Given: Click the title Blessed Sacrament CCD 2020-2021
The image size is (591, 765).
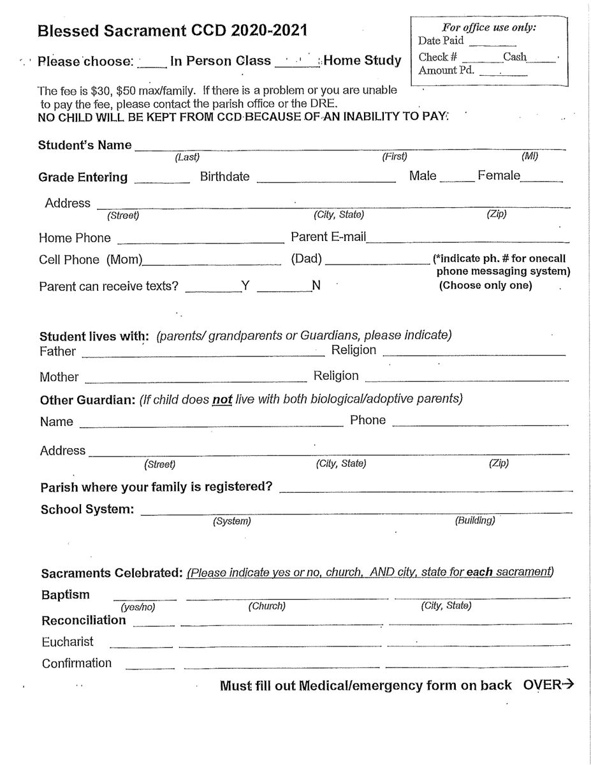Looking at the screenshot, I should click(171, 30).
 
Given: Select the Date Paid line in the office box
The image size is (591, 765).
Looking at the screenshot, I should click(489, 43).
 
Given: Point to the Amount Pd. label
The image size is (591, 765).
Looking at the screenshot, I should click(446, 70).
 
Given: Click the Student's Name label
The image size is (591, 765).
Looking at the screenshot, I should click(85, 145).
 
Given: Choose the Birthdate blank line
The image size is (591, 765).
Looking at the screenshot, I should click(326, 180).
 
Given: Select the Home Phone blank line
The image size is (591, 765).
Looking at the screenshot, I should click(201, 241).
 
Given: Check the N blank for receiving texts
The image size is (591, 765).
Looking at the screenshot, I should click(284, 289).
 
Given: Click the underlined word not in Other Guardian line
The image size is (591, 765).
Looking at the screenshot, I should click(221, 400).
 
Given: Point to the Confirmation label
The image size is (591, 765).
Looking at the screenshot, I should click(77, 664).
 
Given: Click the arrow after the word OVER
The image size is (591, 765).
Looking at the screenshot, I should click(567, 685).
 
